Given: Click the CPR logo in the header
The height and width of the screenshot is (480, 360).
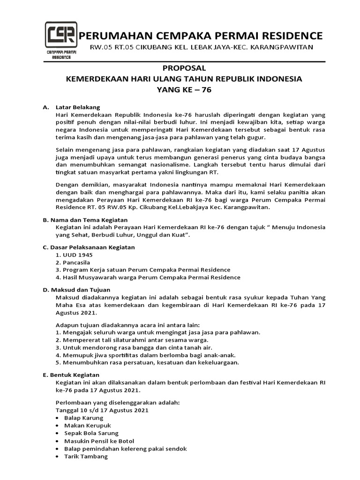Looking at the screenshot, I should pos(61,40).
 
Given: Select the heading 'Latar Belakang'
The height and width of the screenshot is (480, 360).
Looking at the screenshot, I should pos(78,107).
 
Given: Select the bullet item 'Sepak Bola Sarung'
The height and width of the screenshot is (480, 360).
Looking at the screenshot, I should pos(91,433).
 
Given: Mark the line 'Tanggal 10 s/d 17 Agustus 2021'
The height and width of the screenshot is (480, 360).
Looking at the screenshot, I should pos(102,410).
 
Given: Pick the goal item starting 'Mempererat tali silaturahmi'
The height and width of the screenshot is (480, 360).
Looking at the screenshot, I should pos(132,340).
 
